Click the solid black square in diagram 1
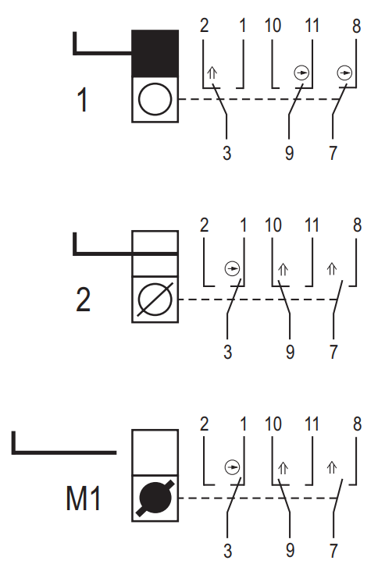(x=155, y=53)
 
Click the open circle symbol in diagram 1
(x=155, y=99)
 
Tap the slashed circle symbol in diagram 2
(x=155, y=300)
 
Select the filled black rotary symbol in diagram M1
(x=155, y=498)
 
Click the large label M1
(x=83, y=498)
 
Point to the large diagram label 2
(x=83, y=300)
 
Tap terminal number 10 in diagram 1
(x=273, y=26)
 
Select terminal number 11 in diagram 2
(x=312, y=225)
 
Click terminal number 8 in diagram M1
(x=357, y=424)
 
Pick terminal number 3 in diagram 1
(x=226, y=153)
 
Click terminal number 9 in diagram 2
(x=290, y=352)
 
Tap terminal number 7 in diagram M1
(x=333, y=551)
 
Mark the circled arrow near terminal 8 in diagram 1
(x=344, y=73)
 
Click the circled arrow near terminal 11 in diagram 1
(x=301, y=73)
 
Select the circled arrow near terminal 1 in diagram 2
(x=232, y=269)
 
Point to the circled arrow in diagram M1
(x=232, y=467)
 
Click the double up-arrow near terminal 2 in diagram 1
(x=212, y=73)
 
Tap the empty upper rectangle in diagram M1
(x=155, y=452)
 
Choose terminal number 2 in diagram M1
(x=204, y=424)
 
